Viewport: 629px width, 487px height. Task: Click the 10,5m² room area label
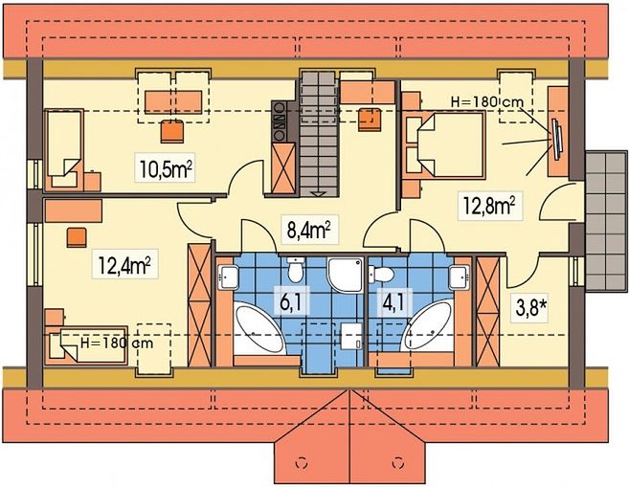166,169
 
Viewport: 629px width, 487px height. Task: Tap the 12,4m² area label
124,265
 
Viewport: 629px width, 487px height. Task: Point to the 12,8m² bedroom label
489,206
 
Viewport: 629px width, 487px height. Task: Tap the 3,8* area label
529,309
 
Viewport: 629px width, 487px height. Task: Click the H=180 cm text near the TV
487,102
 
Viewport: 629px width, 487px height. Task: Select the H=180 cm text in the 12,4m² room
117,343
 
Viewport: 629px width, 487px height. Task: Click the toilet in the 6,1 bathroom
296,270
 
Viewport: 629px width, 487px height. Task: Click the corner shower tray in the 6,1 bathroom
346,275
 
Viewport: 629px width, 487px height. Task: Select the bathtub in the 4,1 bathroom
428,326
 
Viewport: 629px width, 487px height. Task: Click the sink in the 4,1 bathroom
459,277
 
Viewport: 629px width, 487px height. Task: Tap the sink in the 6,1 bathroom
228,277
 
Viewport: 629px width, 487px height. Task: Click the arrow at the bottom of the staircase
319,194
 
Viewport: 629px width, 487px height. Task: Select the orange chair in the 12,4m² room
77,237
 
